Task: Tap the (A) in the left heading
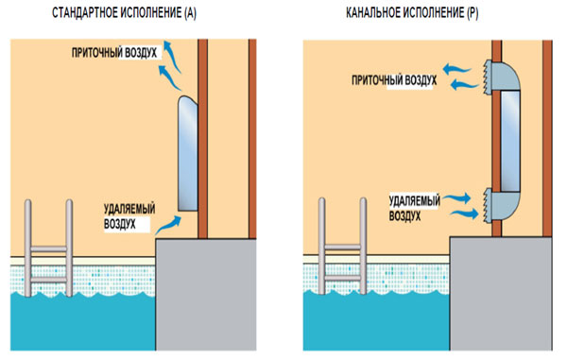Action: [190, 13]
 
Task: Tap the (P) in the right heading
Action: [472, 13]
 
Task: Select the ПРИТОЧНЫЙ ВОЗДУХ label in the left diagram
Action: [114, 53]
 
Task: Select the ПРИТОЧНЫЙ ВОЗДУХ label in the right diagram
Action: [394, 80]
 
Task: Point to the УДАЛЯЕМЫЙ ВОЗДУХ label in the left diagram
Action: [129, 216]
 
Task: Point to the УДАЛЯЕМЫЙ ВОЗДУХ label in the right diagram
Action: [415, 208]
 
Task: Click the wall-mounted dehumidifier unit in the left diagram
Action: [188, 153]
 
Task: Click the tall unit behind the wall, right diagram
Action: [510, 141]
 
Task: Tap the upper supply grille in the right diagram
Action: [488, 77]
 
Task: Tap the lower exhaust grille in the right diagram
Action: [488, 205]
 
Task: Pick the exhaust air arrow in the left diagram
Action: [167, 225]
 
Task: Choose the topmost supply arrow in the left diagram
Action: [172, 56]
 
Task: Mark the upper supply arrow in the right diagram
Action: [457, 69]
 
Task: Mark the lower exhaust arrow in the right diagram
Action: [464, 214]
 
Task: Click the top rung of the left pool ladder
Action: [48, 249]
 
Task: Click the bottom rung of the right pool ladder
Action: [343, 278]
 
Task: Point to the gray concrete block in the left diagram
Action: [206, 294]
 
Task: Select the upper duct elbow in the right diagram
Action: [507, 77]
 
